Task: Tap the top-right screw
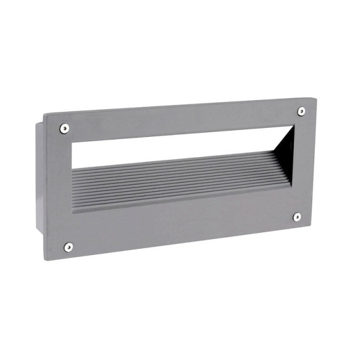301,111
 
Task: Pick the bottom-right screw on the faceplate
297,216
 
